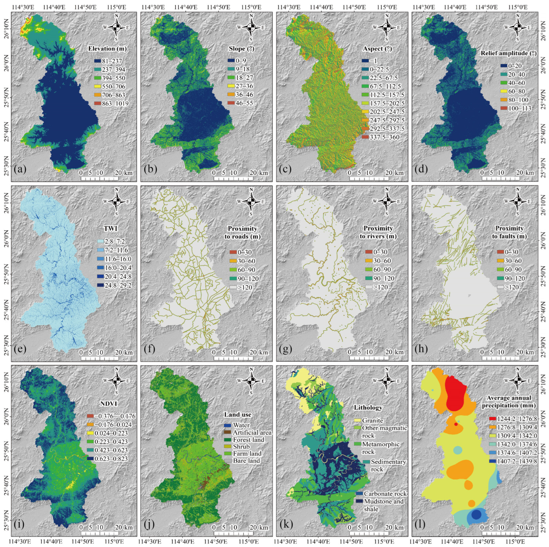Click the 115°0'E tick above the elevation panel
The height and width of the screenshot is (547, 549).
pos(117,6)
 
